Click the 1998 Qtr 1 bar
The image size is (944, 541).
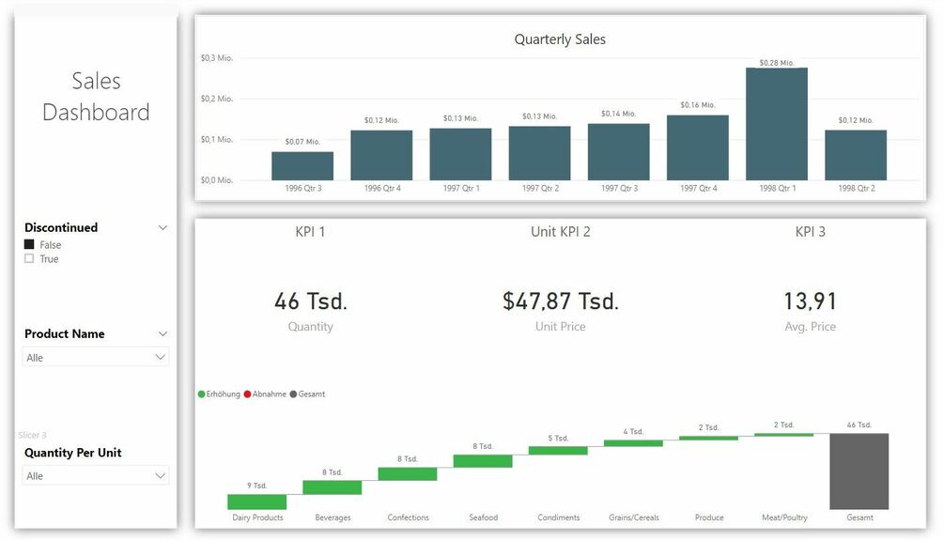(777, 124)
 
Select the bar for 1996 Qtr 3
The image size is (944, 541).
(302, 166)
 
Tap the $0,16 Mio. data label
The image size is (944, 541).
(698, 105)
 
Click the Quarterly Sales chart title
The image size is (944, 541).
(560, 39)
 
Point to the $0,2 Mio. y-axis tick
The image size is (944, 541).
(217, 99)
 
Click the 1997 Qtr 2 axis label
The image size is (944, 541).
(540, 188)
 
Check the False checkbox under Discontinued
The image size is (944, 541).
(29, 244)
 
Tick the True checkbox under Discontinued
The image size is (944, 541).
(29, 258)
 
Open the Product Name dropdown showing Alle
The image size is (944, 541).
(96, 358)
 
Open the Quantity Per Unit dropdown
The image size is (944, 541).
(96, 476)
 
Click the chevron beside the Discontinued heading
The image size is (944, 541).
(162, 227)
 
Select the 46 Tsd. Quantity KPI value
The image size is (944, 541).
(311, 301)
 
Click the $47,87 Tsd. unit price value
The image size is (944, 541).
(561, 301)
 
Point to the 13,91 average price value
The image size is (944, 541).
(810, 301)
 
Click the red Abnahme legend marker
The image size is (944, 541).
(248, 394)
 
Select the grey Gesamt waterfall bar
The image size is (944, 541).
(859, 471)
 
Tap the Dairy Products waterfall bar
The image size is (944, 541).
(256, 502)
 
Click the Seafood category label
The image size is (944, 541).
(484, 518)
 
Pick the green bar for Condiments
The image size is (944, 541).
(558, 451)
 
